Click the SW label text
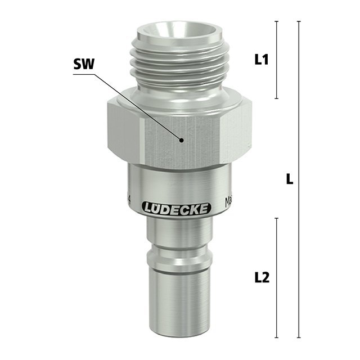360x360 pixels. click(x=83, y=65)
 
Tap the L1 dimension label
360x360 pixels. click(x=262, y=60)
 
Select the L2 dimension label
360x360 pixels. click(x=262, y=277)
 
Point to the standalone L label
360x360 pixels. click(x=289, y=179)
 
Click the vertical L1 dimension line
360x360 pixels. click(x=277, y=60)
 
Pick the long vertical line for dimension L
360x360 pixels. click(x=299, y=179)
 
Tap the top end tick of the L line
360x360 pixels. click(x=299, y=21)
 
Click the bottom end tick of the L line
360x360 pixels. click(x=299, y=338)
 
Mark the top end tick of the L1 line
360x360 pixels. click(x=277, y=21)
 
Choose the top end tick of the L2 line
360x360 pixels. click(x=277, y=217)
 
